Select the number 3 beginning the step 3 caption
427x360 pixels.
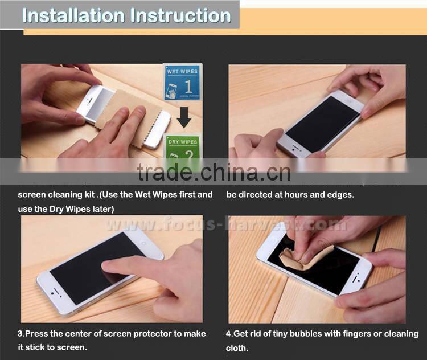(20, 334)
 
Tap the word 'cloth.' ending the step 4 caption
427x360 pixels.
(237, 347)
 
